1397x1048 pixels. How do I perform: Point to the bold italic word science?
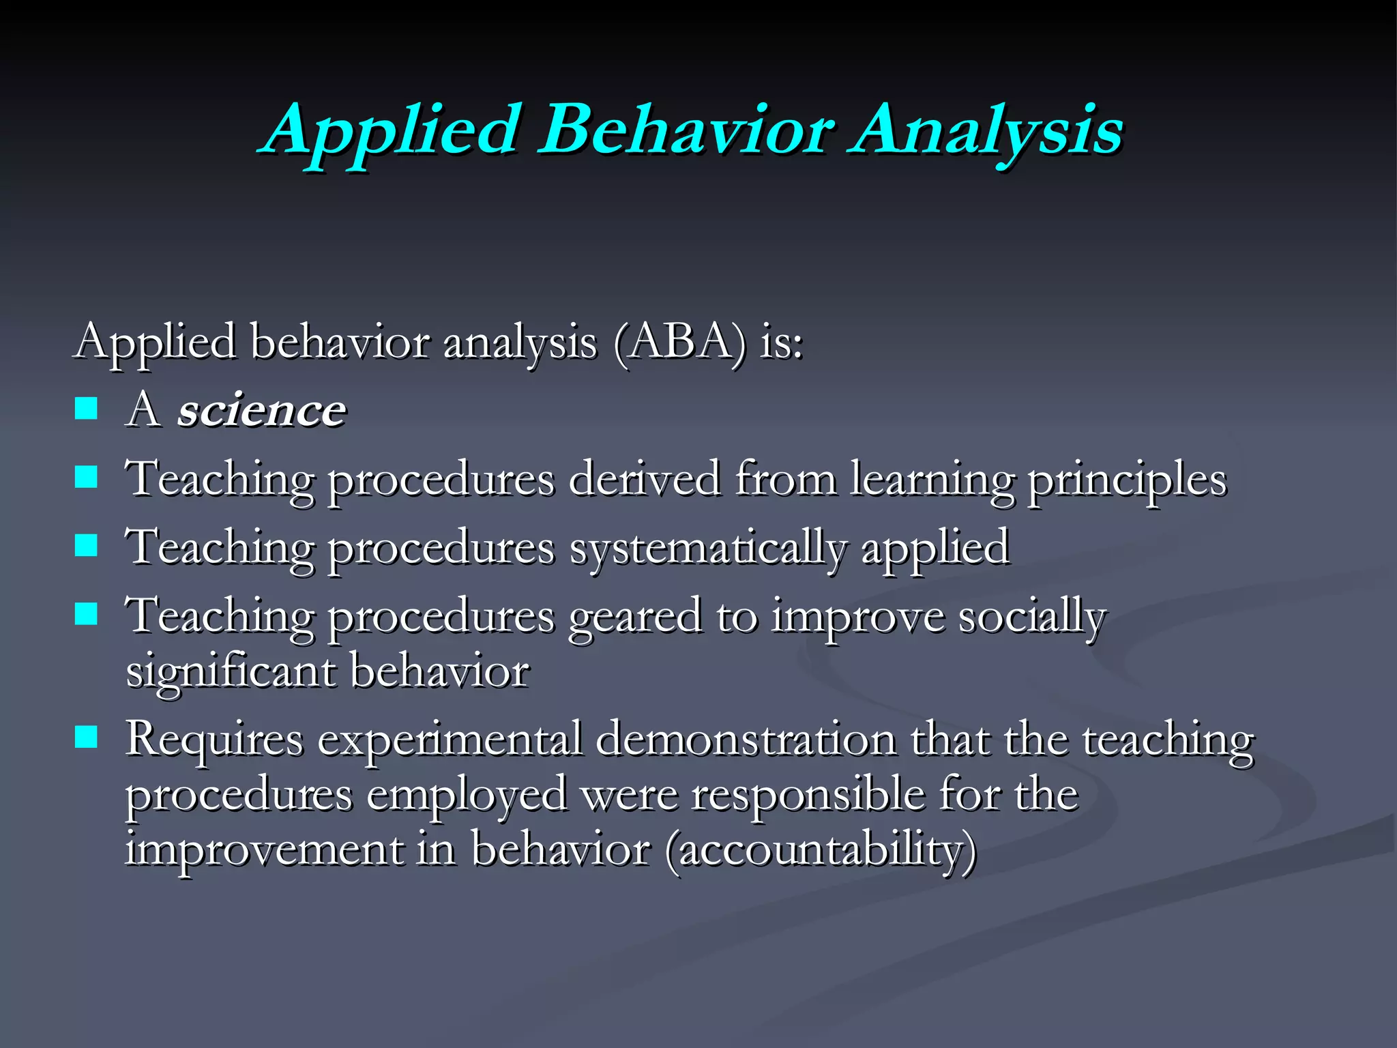tap(262, 411)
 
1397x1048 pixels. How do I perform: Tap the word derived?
tap(644, 479)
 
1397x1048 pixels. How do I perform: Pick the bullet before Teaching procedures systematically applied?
tap(86, 546)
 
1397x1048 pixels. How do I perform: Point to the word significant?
tap(231, 673)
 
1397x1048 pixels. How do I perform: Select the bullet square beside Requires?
tap(86, 737)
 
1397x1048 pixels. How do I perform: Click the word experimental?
tap(450, 741)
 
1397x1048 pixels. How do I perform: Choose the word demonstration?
tap(746, 740)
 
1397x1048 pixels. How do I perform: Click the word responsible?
tap(808, 796)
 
